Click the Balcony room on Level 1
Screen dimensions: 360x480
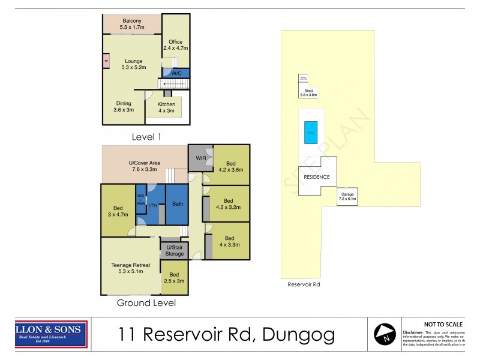point(131,24)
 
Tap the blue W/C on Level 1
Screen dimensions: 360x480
point(177,73)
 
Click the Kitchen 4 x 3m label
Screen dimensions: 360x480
point(166,107)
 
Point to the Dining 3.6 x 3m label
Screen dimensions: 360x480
point(123,106)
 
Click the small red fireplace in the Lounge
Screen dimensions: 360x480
point(106,61)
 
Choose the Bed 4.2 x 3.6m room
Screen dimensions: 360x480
point(232,166)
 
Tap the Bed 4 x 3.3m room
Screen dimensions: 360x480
point(229,241)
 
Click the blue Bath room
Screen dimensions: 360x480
point(178,204)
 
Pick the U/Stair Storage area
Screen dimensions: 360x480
point(175,250)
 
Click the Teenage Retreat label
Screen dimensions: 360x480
point(130,268)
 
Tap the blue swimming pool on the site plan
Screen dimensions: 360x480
point(311,132)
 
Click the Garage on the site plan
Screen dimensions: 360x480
point(347,196)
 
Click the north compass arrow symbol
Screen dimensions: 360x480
point(385,334)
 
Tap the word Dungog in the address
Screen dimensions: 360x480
point(298,334)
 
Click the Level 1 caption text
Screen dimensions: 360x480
point(146,137)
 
